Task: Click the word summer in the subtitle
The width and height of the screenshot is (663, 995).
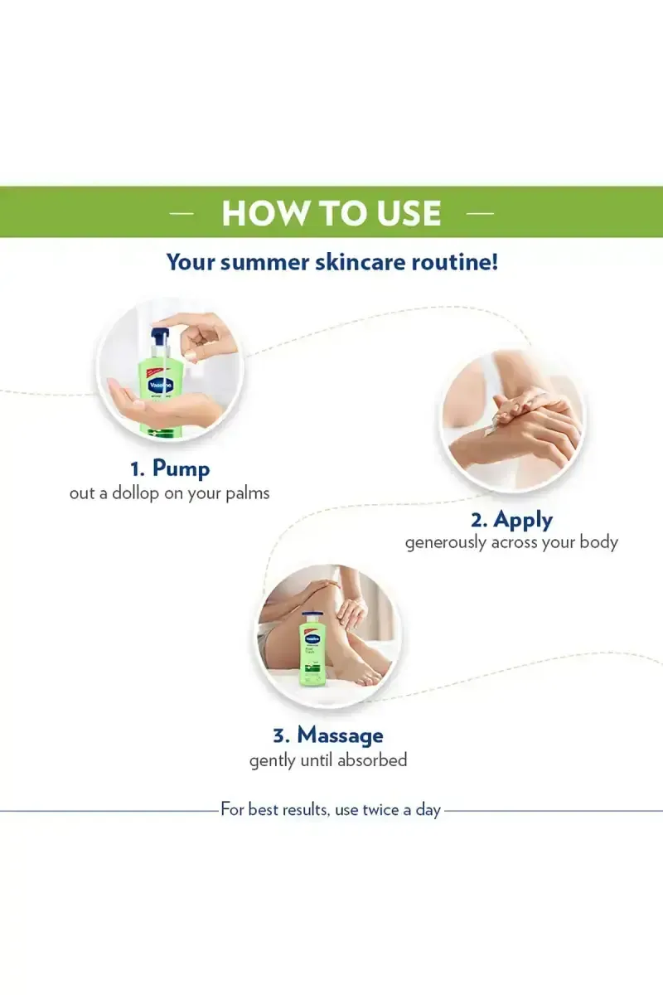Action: tap(264, 262)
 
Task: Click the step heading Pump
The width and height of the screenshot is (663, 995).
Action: tap(181, 469)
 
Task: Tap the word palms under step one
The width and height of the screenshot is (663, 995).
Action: tap(247, 494)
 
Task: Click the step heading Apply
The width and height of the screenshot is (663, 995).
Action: tap(523, 520)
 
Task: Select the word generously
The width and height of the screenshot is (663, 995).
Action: tap(445, 543)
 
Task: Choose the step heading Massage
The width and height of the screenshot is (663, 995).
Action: tap(340, 735)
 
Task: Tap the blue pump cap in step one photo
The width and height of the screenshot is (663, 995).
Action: tap(160, 337)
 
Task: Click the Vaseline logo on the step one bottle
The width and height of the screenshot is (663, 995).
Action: tap(160, 385)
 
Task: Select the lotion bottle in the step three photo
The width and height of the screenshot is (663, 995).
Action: tap(313, 649)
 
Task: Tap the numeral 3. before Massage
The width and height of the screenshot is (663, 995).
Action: tap(282, 736)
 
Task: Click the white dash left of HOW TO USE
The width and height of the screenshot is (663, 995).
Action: tap(181, 214)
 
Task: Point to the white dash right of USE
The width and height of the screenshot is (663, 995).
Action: tap(481, 214)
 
